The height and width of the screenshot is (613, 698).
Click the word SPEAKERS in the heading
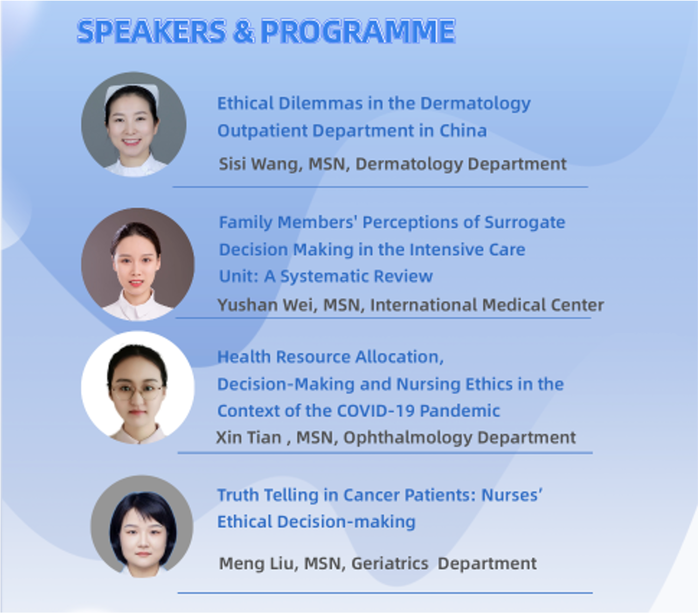coord(152,32)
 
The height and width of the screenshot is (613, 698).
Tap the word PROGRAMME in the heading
coord(358,32)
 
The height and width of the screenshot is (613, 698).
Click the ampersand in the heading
coord(244,32)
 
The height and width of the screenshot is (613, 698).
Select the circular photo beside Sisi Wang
coord(134,125)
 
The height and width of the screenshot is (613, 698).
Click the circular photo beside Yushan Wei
coord(138,264)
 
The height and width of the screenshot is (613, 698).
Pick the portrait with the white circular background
coord(138,388)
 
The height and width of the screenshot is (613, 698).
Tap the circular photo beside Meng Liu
coord(142,527)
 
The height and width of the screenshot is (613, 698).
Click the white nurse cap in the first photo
coord(132,93)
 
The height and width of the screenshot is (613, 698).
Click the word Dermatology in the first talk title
coord(475,103)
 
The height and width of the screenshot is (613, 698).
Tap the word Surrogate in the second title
coord(524,222)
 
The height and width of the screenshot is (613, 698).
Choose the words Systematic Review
coord(356,276)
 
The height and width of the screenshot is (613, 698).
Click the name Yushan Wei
coord(267,305)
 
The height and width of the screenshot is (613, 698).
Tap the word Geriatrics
coord(390,564)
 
